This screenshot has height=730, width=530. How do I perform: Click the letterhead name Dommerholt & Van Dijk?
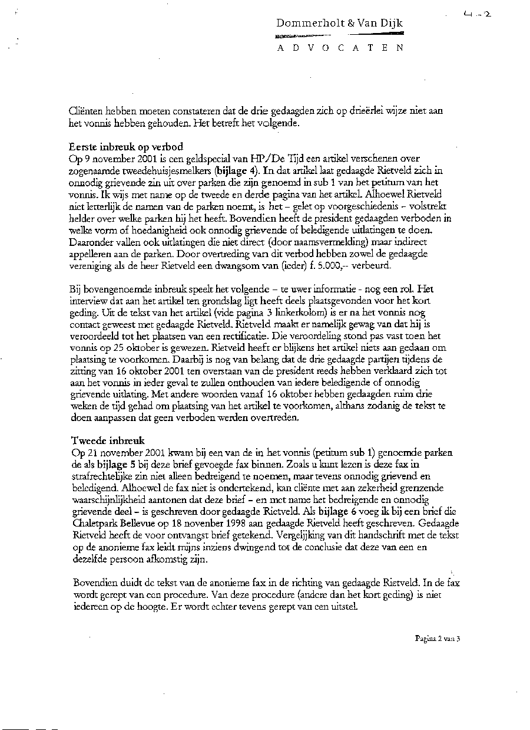[340, 23]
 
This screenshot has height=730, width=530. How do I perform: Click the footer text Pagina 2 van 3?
[436, 638]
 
